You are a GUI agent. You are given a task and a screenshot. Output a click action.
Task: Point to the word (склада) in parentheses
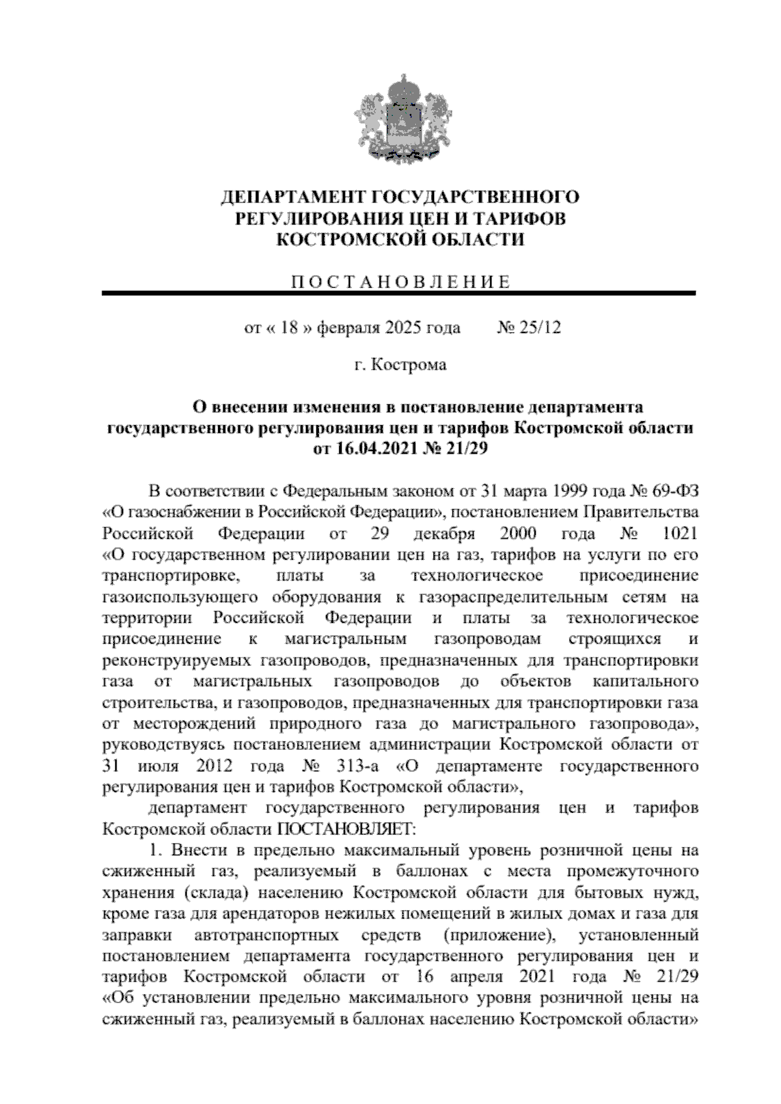coord(215,893)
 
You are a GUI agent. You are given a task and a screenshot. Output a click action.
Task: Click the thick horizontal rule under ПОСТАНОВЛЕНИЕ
coord(399,294)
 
